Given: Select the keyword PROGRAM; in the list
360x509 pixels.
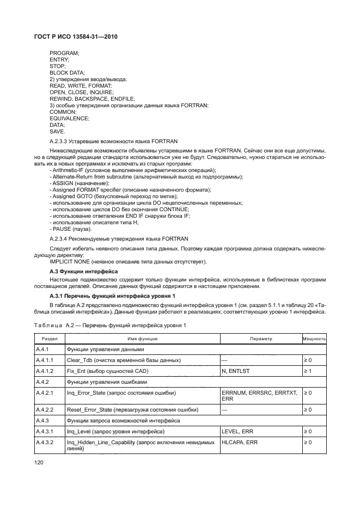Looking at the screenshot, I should [x=64, y=53].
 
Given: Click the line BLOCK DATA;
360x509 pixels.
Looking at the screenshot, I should [x=67, y=73].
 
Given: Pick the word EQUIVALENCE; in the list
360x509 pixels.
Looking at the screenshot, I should [x=69, y=118].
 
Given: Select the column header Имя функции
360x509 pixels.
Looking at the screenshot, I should [x=141, y=339].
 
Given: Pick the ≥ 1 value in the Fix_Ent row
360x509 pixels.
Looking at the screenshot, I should [x=307, y=371].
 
